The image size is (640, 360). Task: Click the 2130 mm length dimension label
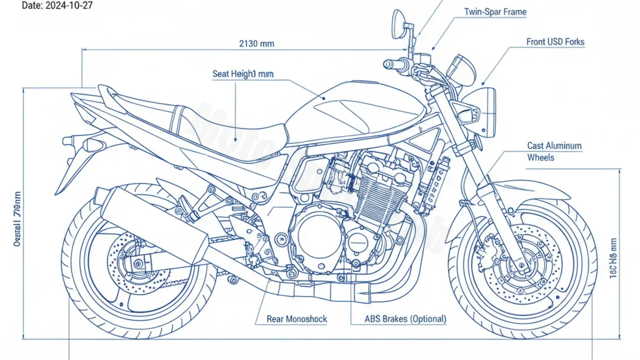coord(257,43)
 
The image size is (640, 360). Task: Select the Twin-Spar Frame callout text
coord(495,11)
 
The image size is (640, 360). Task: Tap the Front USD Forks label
coord(555,42)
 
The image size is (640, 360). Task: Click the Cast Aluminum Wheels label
coord(554,151)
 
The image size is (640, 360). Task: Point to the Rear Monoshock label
coord(297,319)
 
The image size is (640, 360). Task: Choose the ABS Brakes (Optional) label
coord(405,319)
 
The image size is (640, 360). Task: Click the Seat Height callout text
coord(243,74)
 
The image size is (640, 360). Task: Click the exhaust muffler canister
coord(155,225)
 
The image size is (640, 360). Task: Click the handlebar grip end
coord(388,64)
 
